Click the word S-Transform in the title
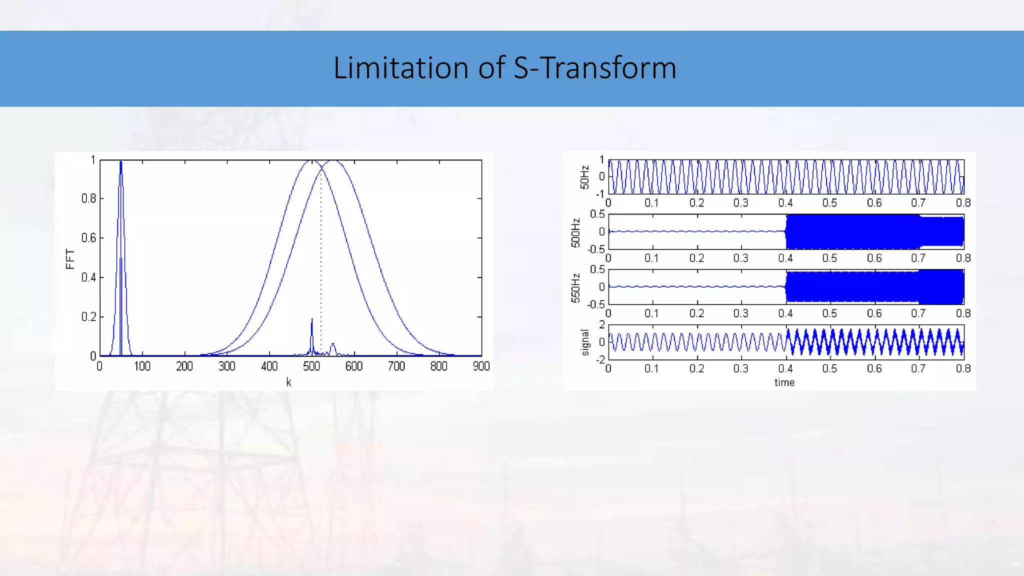point(595,68)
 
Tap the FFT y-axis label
point(70,259)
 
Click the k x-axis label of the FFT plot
point(288,382)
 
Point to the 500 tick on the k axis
point(311,366)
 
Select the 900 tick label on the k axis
point(481,366)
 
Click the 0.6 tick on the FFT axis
point(88,238)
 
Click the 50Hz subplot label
point(584,177)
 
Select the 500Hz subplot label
point(576,232)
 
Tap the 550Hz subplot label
point(576,288)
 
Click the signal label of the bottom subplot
point(585,343)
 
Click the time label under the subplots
point(784,382)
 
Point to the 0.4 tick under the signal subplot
point(785,369)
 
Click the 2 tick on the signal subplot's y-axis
point(602,325)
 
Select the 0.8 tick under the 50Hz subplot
point(963,203)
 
